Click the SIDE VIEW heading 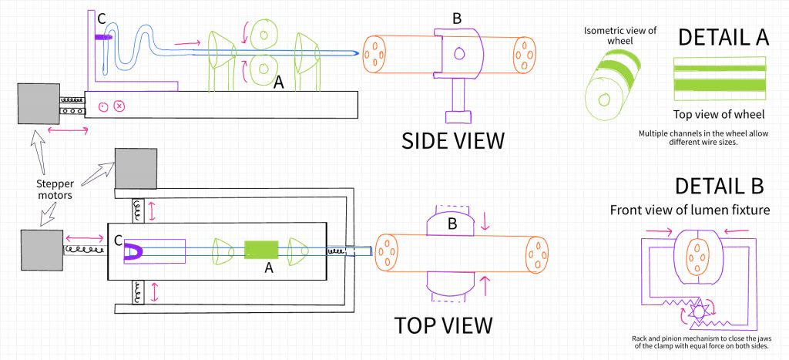click(x=452, y=140)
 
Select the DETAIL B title click(x=719, y=186)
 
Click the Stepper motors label click(x=56, y=190)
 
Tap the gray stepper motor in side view click(x=38, y=103)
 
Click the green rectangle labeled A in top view click(x=261, y=250)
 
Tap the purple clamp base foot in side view click(x=459, y=116)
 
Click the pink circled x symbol click(x=119, y=106)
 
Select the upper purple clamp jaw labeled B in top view click(x=451, y=224)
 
